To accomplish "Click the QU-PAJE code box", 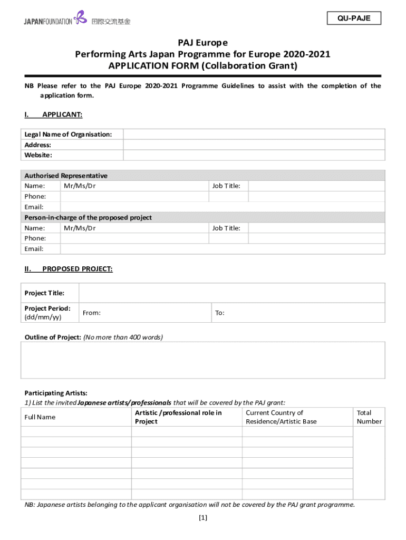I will (354, 18).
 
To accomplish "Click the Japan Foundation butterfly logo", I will (80, 18).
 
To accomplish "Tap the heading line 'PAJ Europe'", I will (202, 43).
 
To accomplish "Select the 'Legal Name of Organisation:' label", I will (68, 134).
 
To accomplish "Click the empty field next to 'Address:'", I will (254, 145).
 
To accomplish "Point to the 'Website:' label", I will (38, 155).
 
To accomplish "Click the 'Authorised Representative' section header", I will (66, 176).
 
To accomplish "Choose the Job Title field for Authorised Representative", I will (316, 186).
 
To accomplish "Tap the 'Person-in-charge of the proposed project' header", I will (88, 217).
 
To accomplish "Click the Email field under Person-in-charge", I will (222, 249).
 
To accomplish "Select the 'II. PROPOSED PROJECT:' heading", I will (69, 269).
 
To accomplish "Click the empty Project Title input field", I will (231, 293).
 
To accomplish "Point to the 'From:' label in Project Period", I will (92, 313).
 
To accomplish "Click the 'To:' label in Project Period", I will (220, 313).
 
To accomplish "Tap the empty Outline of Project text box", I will (202, 360).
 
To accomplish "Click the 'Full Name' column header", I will (40, 417).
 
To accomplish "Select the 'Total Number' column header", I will (369, 417).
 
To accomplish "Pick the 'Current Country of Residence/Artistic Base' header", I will (281, 417).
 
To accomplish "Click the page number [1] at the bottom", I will (203, 517).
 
